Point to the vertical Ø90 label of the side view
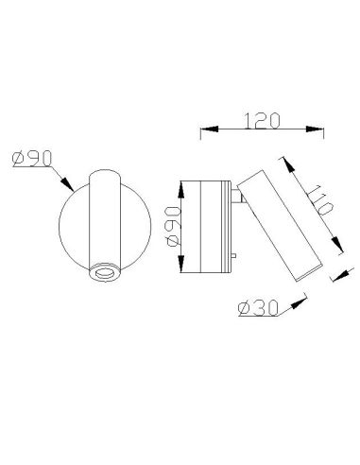click(x=171, y=227)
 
